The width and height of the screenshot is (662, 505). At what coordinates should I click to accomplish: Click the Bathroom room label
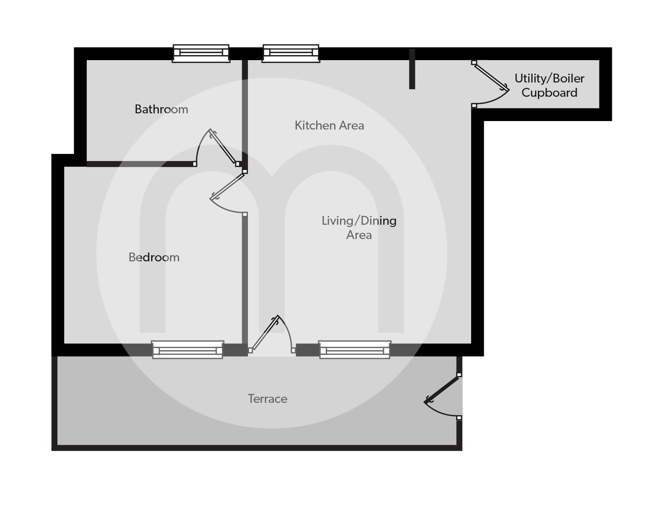click(161, 109)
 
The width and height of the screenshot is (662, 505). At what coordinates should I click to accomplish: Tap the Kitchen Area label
click(329, 126)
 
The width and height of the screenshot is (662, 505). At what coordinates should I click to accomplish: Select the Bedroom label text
click(154, 257)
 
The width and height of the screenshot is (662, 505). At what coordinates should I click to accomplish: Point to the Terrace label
click(268, 399)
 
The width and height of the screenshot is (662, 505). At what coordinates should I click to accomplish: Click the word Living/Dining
click(359, 221)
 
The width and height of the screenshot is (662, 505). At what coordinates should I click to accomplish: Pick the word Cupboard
click(549, 93)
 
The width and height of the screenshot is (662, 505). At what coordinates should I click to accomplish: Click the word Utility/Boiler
click(549, 79)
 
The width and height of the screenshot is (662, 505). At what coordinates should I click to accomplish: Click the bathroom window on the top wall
click(201, 53)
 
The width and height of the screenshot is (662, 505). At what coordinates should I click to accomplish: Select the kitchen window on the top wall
click(291, 53)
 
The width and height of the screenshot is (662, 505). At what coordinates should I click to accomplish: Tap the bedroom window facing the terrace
click(188, 350)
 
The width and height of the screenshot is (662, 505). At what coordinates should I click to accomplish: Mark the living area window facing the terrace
click(355, 350)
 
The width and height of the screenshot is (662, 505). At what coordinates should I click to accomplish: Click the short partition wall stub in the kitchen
click(412, 69)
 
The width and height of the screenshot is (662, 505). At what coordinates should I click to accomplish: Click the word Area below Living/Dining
click(359, 235)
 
